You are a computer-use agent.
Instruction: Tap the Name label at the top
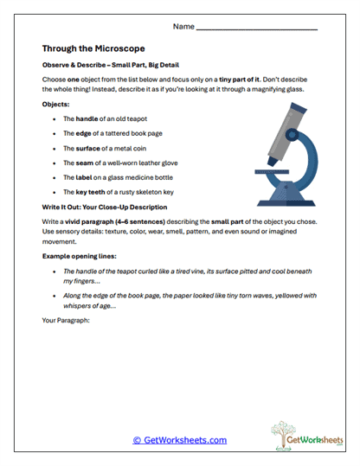point(183,27)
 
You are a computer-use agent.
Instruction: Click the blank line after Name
point(257,29)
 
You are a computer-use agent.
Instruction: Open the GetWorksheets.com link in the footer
point(179,440)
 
